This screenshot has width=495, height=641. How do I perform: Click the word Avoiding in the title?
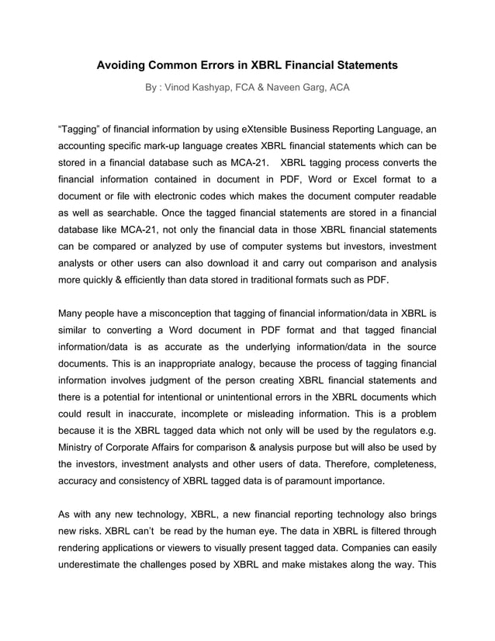point(123,66)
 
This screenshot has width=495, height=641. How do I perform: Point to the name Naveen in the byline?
point(282,88)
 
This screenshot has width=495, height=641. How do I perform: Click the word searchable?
point(113,213)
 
